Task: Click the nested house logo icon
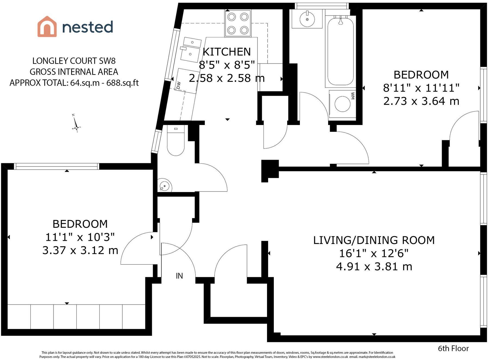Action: tap(47, 26)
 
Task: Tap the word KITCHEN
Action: tap(227, 52)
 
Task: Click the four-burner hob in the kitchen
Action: tap(238, 23)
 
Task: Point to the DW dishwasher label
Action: tap(178, 85)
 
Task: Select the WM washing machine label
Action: tap(353, 96)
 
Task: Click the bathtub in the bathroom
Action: tap(340, 51)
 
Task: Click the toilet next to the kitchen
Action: tap(176, 140)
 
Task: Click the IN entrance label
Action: tap(179, 276)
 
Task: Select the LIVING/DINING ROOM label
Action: tap(374, 240)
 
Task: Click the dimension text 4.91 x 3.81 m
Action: tap(374, 267)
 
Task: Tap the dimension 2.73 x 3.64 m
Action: tap(421, 101)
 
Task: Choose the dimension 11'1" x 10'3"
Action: tap(80, 237)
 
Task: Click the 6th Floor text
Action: tap(453, 348)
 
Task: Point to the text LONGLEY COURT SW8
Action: tap(74, 61)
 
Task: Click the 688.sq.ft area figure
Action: tap(123, 83)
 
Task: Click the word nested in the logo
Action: tap(87, 27)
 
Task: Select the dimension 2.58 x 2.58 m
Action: tap(227, 78)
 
